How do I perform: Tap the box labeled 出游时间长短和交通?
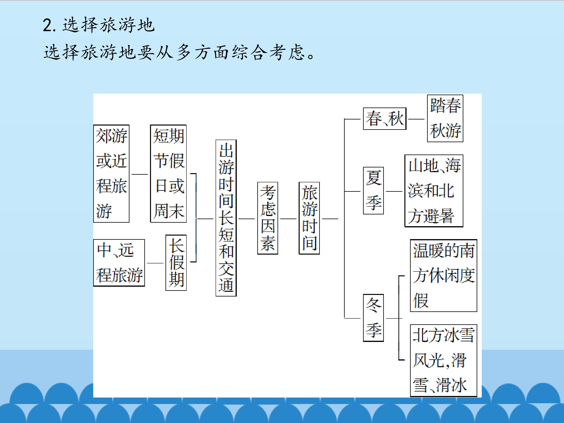tap(226, 218)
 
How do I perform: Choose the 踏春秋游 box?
tap(445, 118)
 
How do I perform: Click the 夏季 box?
tap(373, 191)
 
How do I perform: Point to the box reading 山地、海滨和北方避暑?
tap(434, 191)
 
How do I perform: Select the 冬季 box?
tap(373, 318)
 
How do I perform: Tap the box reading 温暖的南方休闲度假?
tap(443, 275)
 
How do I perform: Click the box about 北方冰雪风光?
tap(443, 360)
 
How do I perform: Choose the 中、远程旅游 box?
tap(119, 263)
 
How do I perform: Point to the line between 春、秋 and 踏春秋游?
tap(416, 119)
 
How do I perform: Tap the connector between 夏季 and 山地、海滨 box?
tap(394, 191)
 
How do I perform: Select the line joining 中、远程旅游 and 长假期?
tap(155, 263)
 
